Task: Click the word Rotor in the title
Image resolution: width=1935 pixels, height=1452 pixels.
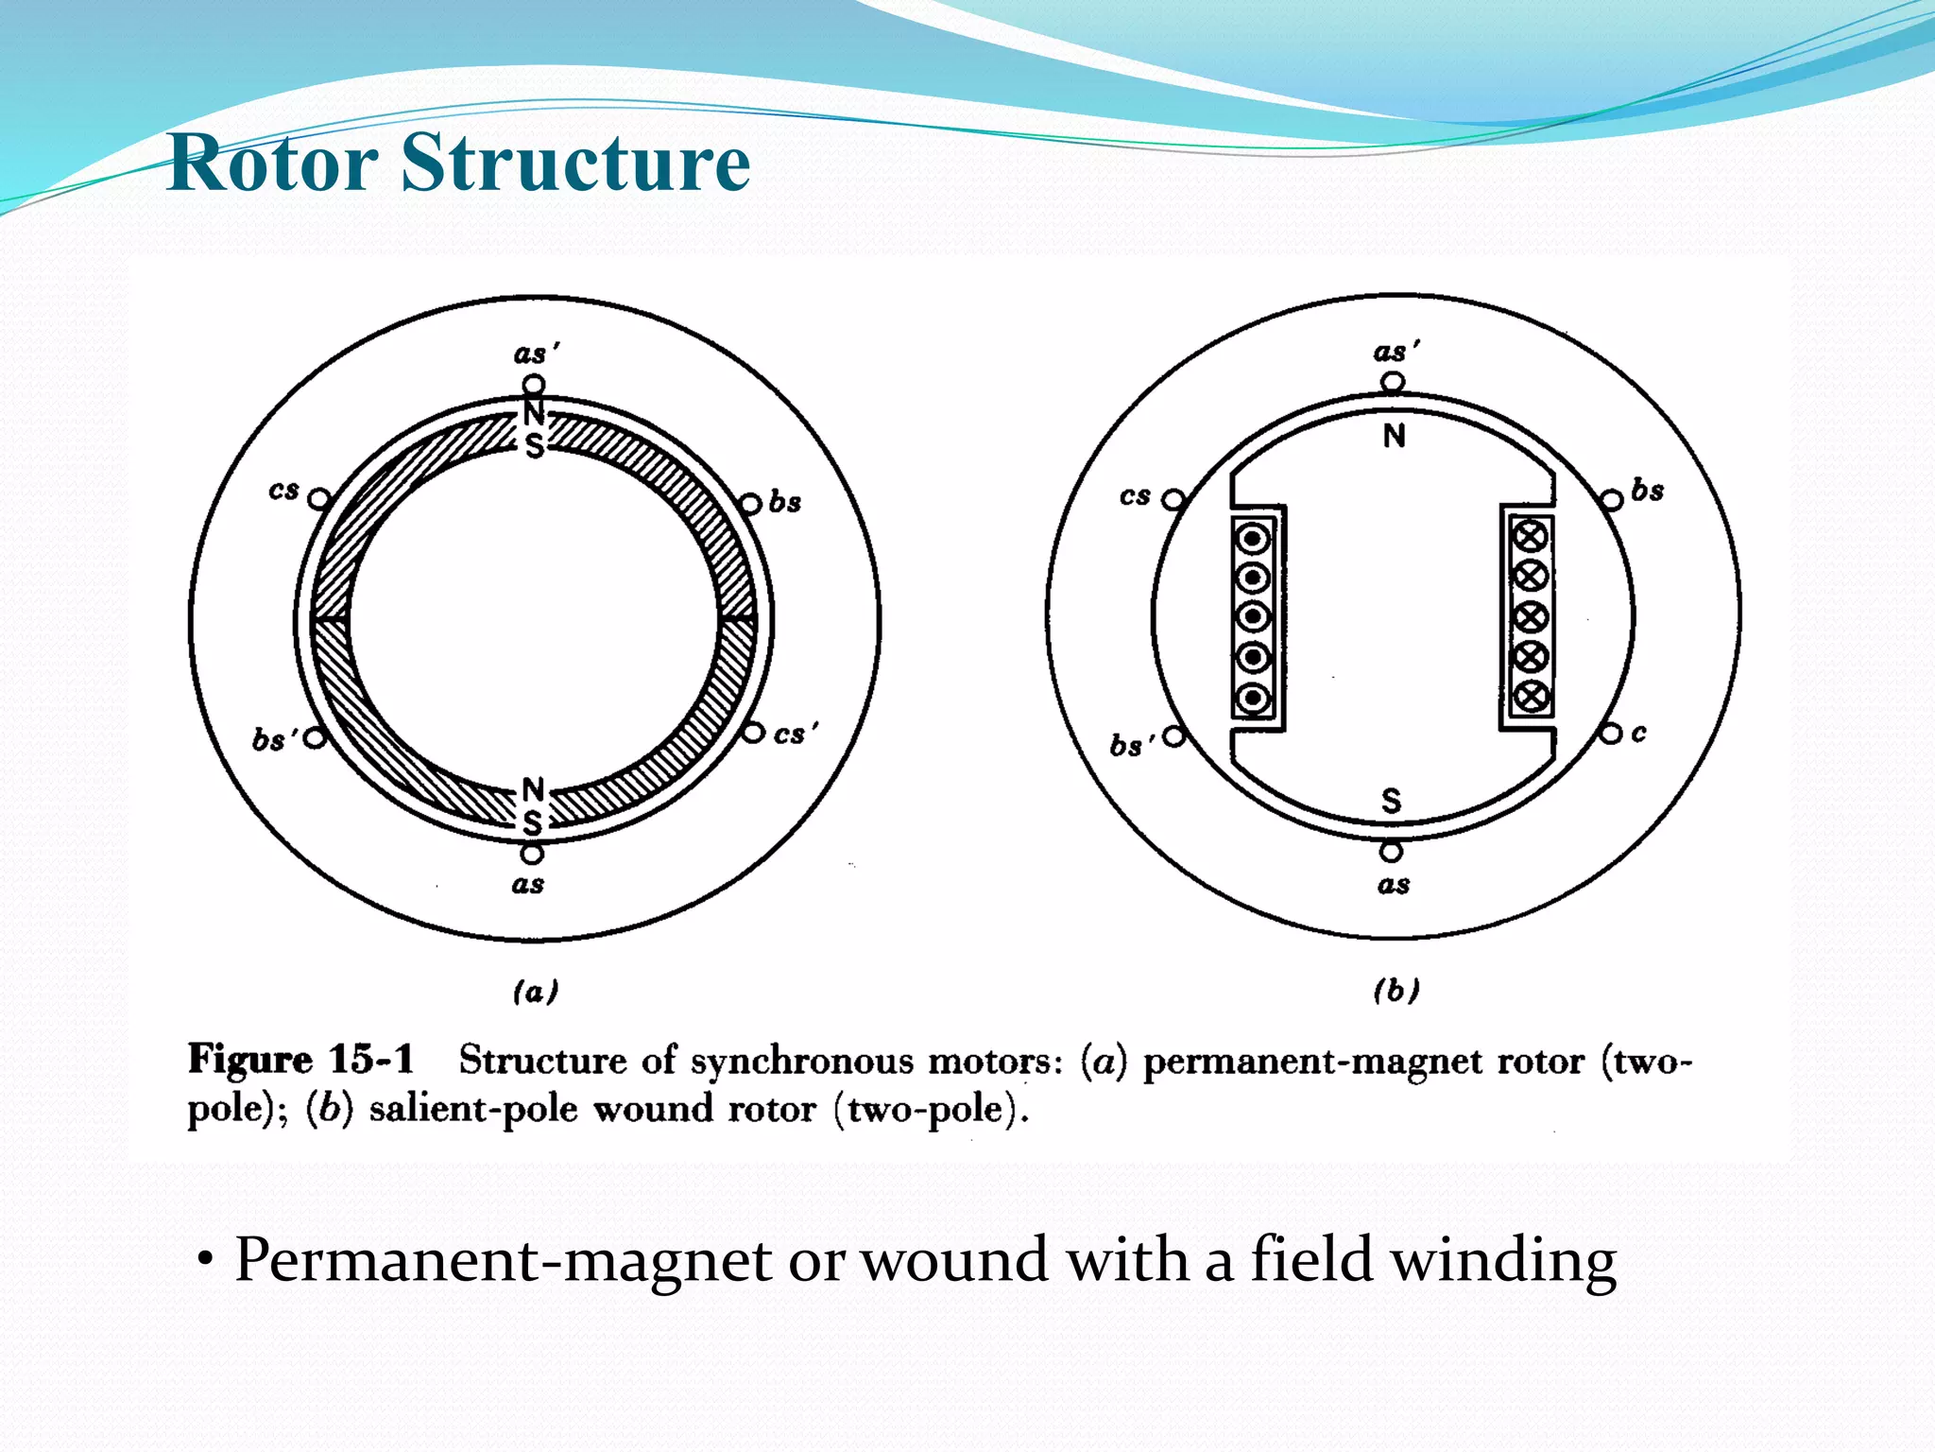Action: click(272, 163)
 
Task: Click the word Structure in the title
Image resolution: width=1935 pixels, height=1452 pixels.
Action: click(575, 163)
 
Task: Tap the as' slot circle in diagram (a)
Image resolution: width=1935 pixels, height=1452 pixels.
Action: click(534, 385)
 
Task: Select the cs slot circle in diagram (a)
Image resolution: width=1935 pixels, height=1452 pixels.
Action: click(320, 498)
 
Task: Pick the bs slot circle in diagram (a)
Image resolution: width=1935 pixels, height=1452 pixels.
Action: click(750, 504)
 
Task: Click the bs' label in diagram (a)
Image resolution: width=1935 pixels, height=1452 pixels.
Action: click(273, 739)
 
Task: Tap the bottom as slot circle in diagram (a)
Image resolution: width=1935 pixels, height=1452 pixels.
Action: click(533, 854)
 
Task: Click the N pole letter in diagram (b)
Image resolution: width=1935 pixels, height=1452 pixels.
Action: click(1394, 436)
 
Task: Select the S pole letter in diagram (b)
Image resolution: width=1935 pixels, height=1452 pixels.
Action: click(1391, 801)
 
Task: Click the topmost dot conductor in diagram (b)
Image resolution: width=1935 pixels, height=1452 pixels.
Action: click(1253, 539)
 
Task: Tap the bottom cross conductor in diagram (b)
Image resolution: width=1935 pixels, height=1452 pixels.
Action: click(1531, 697)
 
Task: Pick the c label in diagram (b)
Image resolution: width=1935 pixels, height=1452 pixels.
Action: click(1638, 733)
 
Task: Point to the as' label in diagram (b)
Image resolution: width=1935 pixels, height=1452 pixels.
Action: click(1396, 352)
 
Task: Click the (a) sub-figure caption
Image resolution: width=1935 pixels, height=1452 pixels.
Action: click(536, 991)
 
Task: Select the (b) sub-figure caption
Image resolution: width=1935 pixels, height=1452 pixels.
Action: click(1396, 990)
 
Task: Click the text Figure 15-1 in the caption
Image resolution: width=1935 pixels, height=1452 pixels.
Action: click(300, 1060)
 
